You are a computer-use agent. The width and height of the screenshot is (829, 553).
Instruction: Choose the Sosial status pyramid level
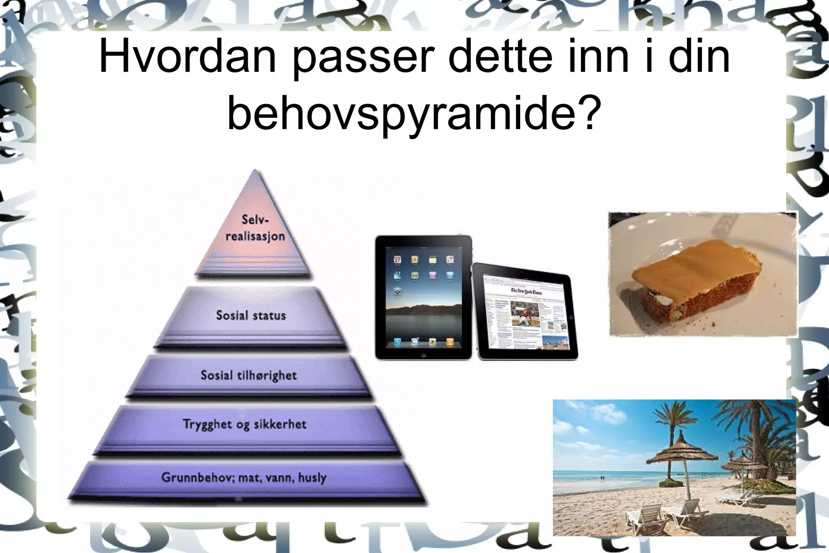(x=251, y=315)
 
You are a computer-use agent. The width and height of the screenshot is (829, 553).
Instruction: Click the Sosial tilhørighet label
(x=249, y=375)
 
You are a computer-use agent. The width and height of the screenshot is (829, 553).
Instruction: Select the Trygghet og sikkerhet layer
(x=244, y=424)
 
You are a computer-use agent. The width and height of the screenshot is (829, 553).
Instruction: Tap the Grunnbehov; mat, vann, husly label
(x=244, y=477)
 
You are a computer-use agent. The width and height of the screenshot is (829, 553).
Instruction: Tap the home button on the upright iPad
(x=423, y=355)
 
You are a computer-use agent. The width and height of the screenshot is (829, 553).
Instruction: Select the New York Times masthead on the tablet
(x=527, y=292)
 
